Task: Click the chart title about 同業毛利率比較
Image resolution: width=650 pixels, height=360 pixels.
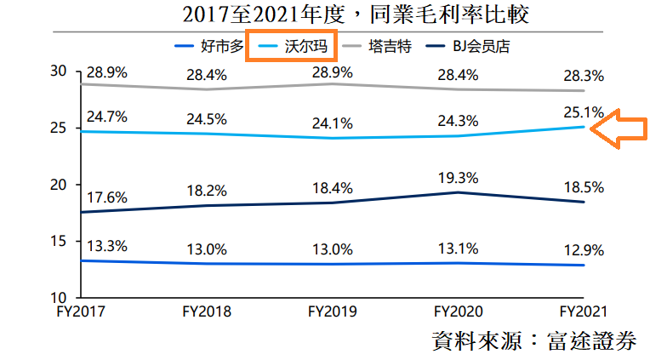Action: (356, 15)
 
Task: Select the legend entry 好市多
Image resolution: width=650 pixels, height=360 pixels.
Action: (209, 46)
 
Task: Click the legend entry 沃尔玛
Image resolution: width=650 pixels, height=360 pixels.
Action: (293, 46)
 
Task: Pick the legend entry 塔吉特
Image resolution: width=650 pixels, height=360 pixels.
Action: (376, 46)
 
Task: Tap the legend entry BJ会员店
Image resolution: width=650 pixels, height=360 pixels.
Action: (468, 46)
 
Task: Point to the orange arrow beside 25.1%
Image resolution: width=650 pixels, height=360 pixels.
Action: (619, 129)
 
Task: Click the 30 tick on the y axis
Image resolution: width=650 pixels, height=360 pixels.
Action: (58, 71)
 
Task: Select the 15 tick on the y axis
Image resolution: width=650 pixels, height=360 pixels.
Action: (58, 241)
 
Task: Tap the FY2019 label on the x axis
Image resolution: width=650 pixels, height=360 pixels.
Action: (332, 311)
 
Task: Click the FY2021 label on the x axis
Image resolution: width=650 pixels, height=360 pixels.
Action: (584, 311)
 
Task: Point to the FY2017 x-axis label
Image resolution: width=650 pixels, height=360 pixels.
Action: (81, 311)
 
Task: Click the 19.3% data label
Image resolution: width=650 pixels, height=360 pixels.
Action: (458, 178)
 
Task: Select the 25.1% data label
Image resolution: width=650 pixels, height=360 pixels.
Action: (584, 112)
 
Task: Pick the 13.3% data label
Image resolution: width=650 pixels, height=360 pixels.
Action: (107, 246)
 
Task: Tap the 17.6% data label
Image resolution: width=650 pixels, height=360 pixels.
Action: (107, 197)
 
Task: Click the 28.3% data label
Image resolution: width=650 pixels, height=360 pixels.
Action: (584, 76)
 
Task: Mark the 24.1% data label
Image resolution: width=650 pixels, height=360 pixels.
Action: (333, 123)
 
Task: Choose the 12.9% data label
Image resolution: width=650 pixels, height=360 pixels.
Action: (584, 250)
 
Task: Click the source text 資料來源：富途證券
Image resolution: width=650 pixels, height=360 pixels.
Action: (534, 341)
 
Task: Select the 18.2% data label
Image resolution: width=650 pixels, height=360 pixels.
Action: (207, 191)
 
